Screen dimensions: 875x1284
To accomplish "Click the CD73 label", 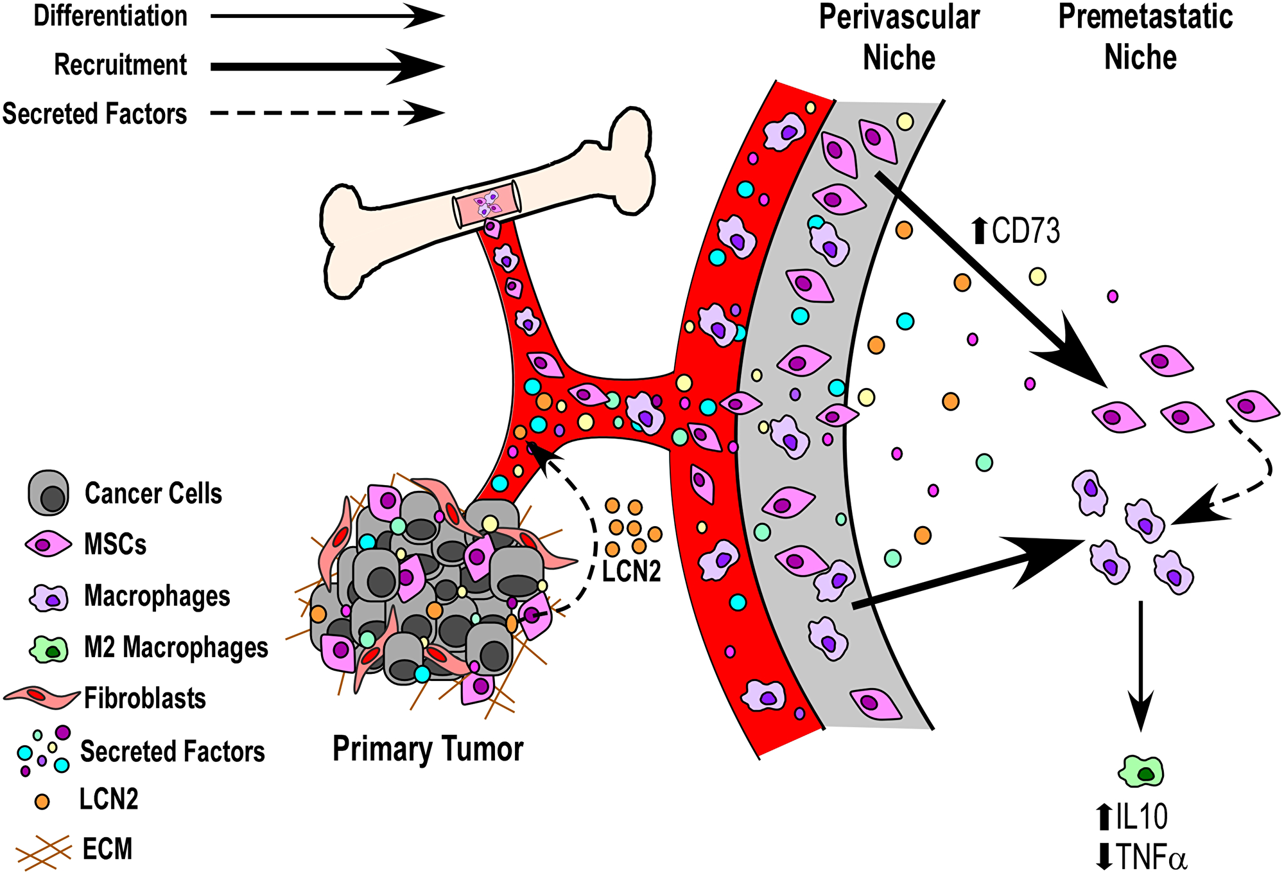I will (1025, 231).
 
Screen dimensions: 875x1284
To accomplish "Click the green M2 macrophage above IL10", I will (1141, 771).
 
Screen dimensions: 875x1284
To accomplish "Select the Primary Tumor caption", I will (428, 749).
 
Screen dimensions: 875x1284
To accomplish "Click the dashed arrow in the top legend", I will (327, 113).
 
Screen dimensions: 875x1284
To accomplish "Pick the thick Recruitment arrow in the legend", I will (327, 66).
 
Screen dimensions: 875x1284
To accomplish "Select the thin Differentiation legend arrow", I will (327, 17).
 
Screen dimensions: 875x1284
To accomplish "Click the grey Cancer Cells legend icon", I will (48, 493).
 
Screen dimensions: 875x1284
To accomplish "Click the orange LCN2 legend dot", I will (42, 801).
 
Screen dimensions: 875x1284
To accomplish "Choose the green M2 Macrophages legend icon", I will (49, 649).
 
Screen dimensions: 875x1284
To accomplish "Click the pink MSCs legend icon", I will (48, 545).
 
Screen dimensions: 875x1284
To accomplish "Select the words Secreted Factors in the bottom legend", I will (172, 751).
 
